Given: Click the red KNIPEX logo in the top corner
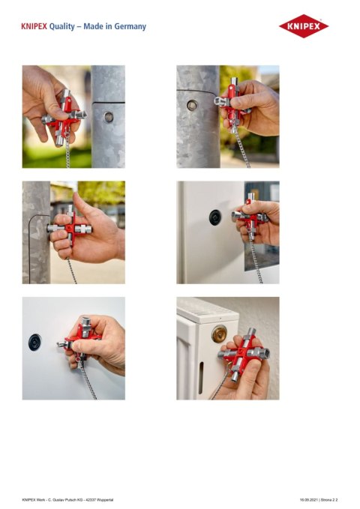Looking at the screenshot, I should pyautogui.click(x=303, y=26).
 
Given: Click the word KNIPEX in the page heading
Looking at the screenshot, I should pyautogui.click(x=34, y=26).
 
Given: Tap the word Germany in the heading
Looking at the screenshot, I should pyautogui.click(x=130, y=26).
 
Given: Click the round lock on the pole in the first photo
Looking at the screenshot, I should pyautogui.click(x=109, y=117).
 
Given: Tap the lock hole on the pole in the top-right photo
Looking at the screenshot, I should pyautogui.click(x=191, y=105).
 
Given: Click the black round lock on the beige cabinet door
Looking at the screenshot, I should pyautogui.click(x=214, y=217).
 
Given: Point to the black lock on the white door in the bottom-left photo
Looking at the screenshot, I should pyautogui.click(x=34, y=340).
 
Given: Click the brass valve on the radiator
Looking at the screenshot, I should pyautogui.click(x=219, y=334).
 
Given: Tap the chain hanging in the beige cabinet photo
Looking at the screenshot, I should pyautogui.click(x=256, y=259).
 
